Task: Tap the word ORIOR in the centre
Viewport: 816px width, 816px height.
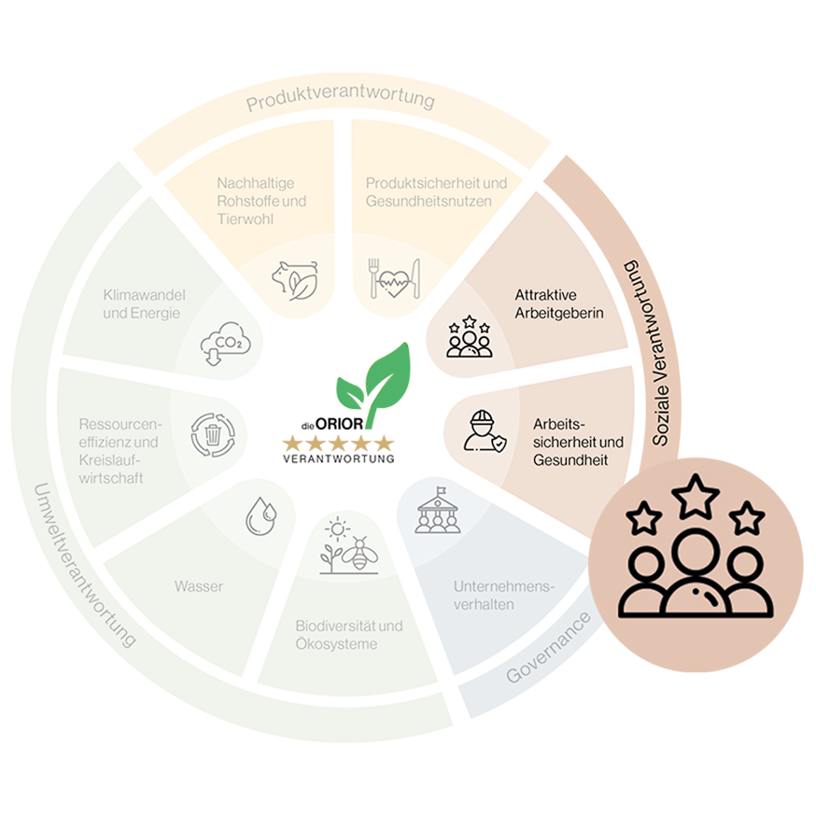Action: (x=339, y=424)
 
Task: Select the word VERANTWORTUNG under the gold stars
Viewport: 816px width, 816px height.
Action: (x=339, y=458)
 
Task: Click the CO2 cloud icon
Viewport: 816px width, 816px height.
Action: (x=225, y=344)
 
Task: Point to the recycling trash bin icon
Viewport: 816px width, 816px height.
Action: (x=213, y=435)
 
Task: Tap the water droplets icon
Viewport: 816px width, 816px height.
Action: (x=261, y=516)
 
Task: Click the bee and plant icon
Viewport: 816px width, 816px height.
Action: (x=348, y=545)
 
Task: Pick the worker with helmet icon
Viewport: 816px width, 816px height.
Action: (x=485, y=431)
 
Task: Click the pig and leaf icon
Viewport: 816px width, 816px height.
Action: (x=295, y=281)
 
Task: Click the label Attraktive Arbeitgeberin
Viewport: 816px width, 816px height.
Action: (x=559, y=304)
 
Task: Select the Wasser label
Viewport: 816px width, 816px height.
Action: (x=199, y=586)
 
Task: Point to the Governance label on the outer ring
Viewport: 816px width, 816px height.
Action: (x=548, y=648)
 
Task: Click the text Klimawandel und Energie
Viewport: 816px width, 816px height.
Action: (x=144, y=304)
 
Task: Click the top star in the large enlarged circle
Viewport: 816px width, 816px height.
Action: (x=696, y=496)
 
